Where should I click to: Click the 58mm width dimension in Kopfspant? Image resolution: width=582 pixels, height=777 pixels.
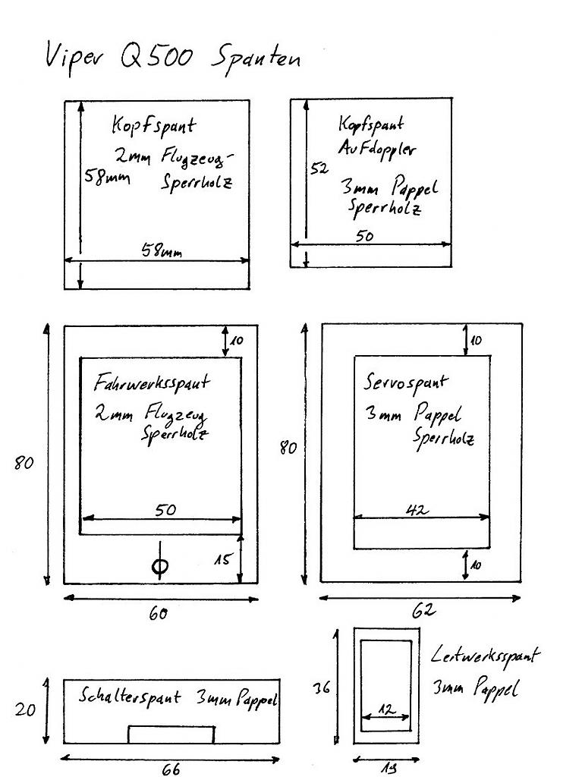coord(162,250)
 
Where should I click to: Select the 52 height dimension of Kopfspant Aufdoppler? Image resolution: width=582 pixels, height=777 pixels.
coord(319,170)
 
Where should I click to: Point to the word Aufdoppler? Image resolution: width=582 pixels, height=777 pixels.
coord(376,149)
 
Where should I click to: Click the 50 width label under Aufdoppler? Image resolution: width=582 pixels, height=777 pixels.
coord(364,236)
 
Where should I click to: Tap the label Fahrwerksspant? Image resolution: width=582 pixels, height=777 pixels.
coord(151,382)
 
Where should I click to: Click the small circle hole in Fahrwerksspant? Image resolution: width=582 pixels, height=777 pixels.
coord(159,566)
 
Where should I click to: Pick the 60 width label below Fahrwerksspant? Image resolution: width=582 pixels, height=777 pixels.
coord(158,614)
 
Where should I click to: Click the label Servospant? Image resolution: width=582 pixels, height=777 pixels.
coord(406,382)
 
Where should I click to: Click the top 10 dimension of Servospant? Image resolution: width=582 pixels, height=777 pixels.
coord(475,341)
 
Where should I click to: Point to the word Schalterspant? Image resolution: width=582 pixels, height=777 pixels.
coord(130,696)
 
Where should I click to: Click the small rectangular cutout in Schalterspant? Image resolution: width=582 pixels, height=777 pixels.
coord(171,735)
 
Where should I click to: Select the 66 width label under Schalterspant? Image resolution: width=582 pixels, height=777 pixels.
coord(171,769)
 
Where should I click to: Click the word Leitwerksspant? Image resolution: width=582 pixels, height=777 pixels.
coord(486,656)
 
